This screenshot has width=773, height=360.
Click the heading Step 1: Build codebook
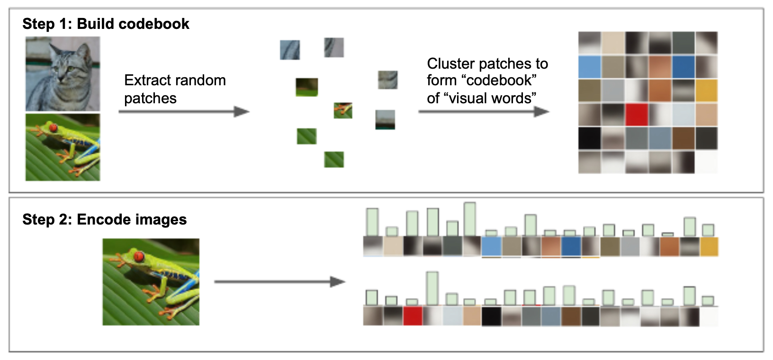point(106,24)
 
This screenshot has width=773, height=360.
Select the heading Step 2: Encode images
point(105,219)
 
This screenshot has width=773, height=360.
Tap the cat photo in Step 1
point(63,74)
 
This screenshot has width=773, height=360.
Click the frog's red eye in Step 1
point(53,128)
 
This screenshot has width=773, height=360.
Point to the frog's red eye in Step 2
point(139,256)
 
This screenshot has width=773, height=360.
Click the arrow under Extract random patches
point(184,111)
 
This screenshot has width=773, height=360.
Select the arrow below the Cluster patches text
point(484,111)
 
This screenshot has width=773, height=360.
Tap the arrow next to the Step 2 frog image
point(280,282)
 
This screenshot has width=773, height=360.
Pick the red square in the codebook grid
point(637,115)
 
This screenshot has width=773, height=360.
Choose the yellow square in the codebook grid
point(707,90)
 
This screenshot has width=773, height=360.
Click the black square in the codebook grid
point(589,138)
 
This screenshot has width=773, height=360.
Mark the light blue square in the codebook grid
point(589,67)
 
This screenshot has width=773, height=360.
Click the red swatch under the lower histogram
point(413,316)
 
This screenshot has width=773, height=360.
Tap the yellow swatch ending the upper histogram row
point(709,246)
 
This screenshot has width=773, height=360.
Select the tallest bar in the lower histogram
point(432,288)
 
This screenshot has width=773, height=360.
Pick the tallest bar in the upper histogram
point(470,219)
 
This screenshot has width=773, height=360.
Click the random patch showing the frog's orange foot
point(343,110)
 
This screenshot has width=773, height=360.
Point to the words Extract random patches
point(175,89)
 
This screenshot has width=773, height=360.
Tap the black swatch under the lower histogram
point(491,316)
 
